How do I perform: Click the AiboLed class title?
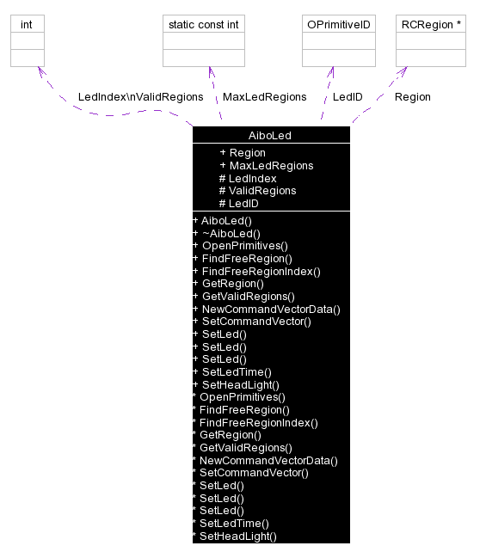point(271,136)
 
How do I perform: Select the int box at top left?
point(27,24)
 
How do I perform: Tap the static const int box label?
point(203,24)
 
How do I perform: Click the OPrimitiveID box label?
point(338,24)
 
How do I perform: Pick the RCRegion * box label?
point(431,24)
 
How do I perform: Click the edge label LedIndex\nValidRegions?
point(140,97)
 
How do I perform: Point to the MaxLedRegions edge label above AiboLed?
point(264,97)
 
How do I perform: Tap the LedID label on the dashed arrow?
point(348,97)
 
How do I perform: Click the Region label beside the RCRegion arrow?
point(412,97)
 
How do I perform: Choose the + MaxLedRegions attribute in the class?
point(267,166)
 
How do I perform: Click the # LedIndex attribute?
point(248,179)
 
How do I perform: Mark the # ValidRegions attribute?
point(257,191)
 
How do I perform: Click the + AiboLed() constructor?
point(222,221)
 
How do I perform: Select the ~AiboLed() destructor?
point(226,233)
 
